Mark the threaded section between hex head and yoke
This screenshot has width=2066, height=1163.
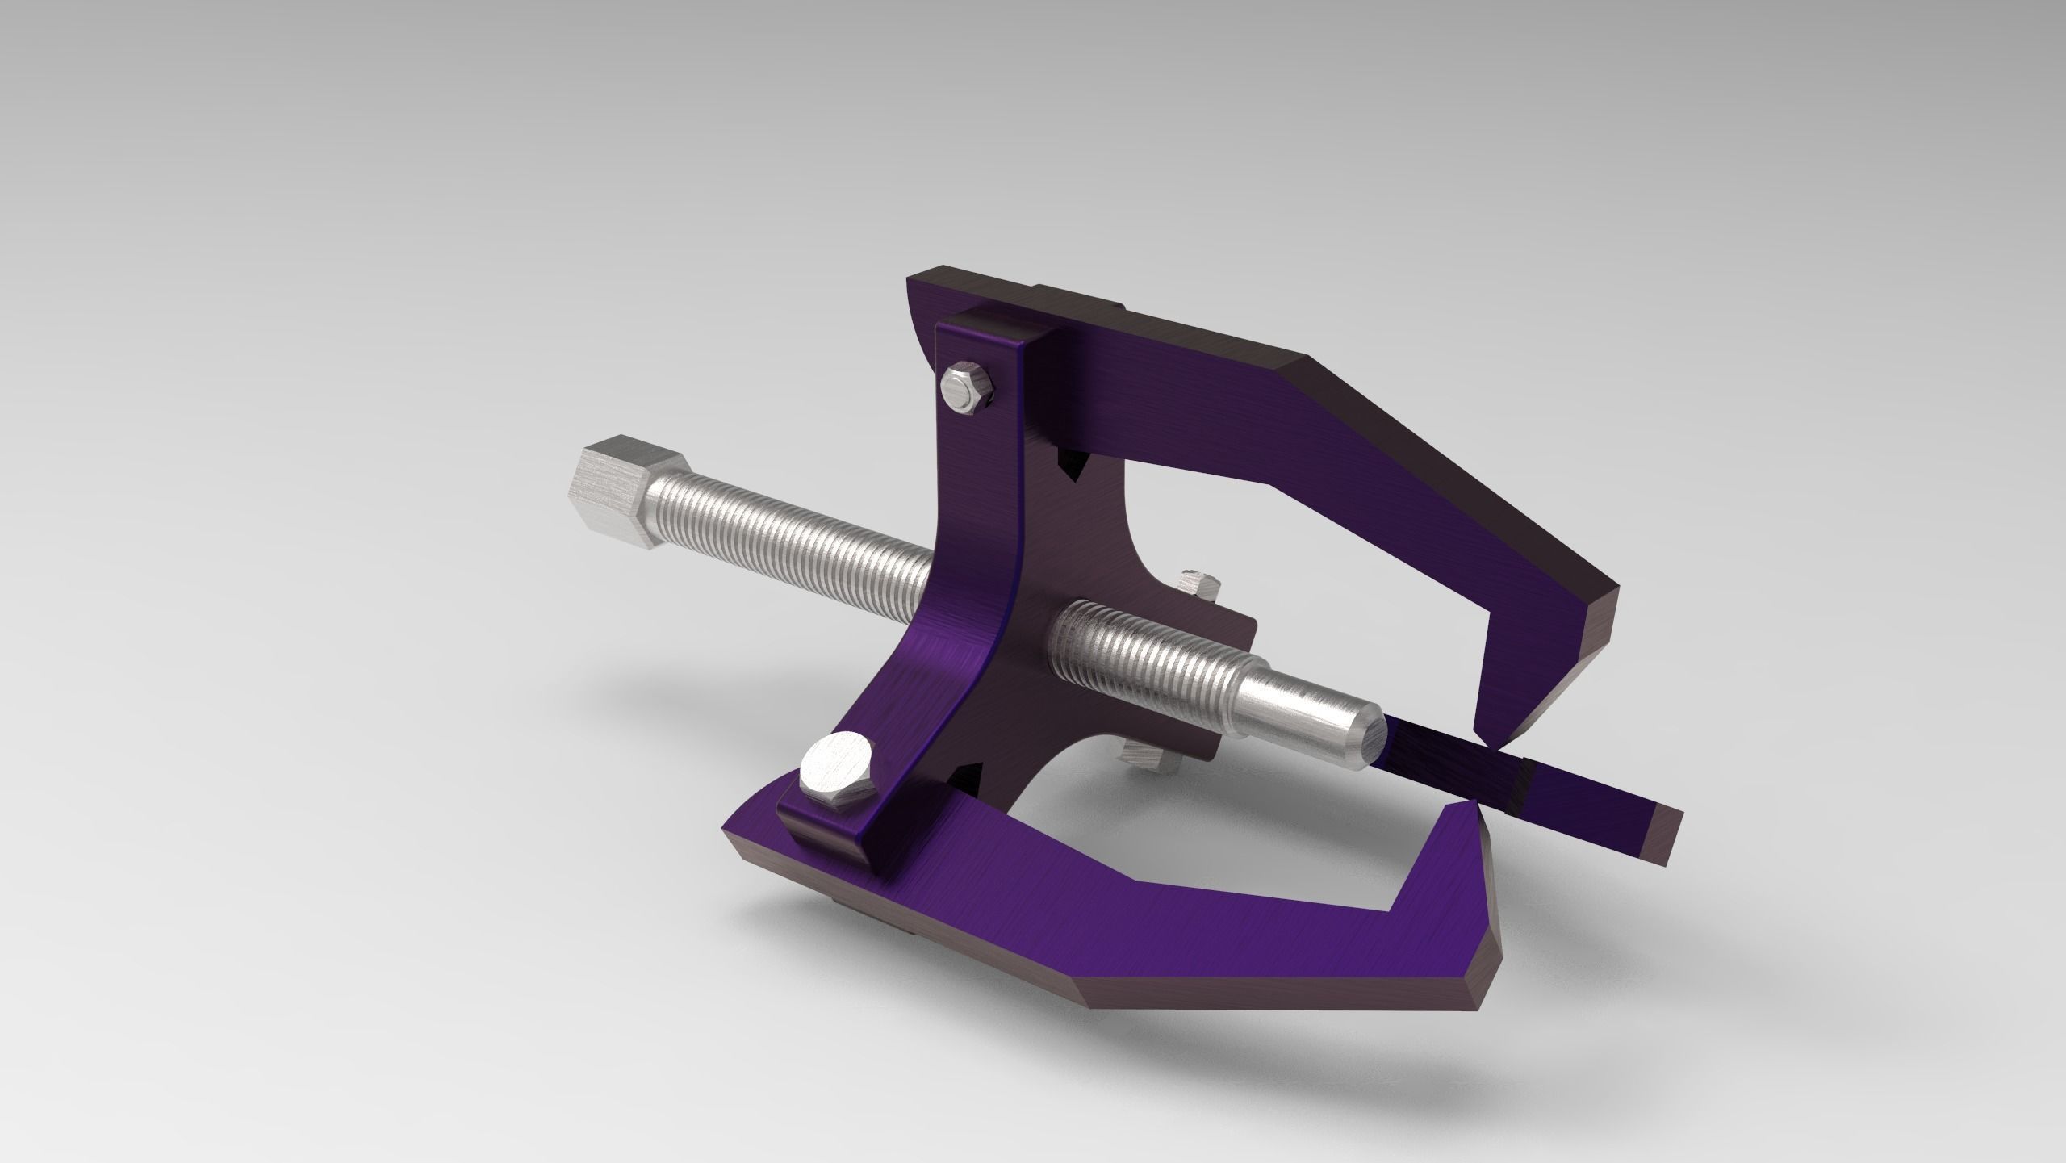[x=807, y=542]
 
